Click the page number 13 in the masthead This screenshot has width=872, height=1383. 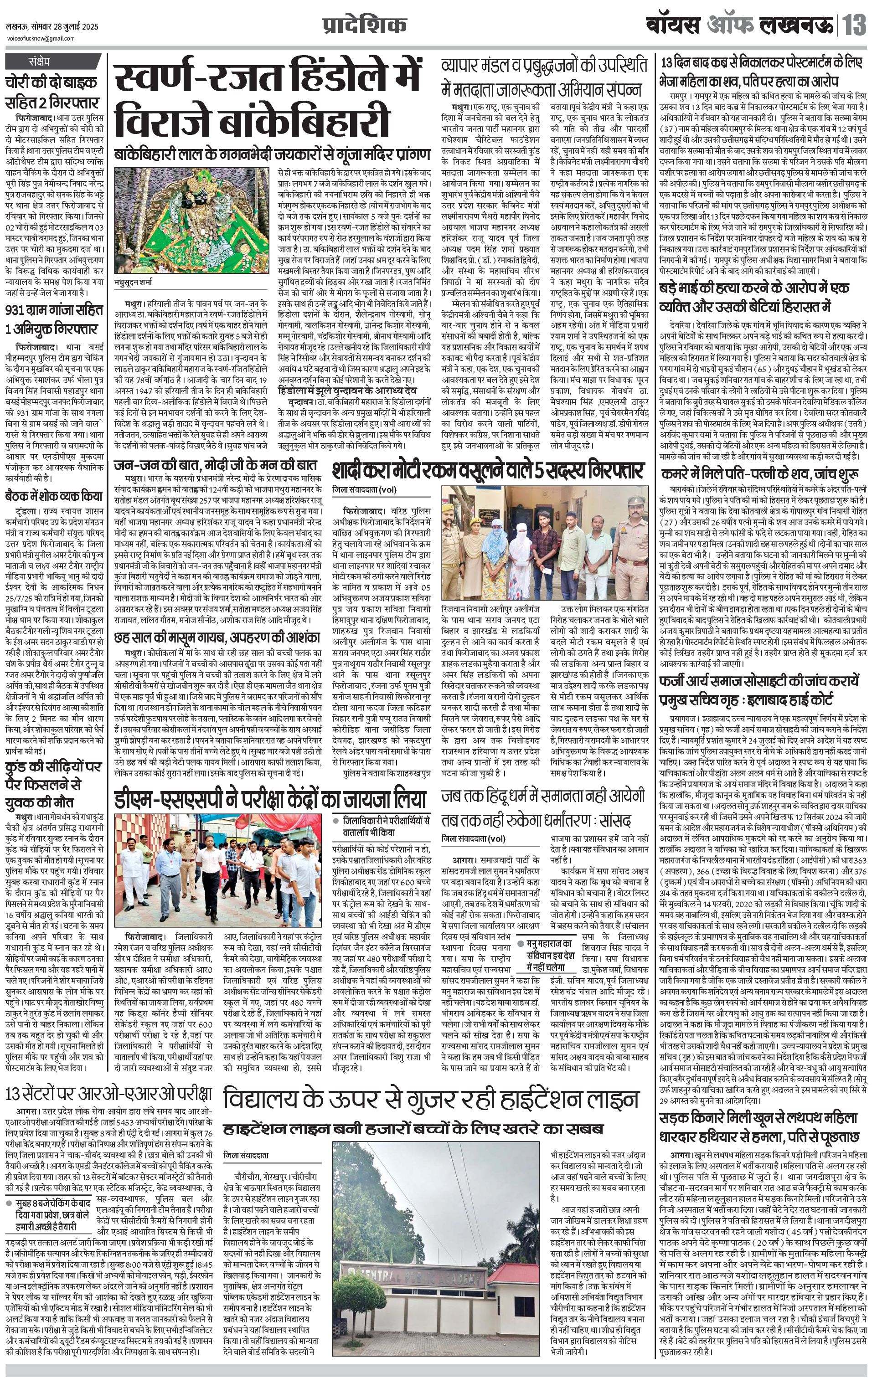point(855,26)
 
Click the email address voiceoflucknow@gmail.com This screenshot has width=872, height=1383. point(40,38)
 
